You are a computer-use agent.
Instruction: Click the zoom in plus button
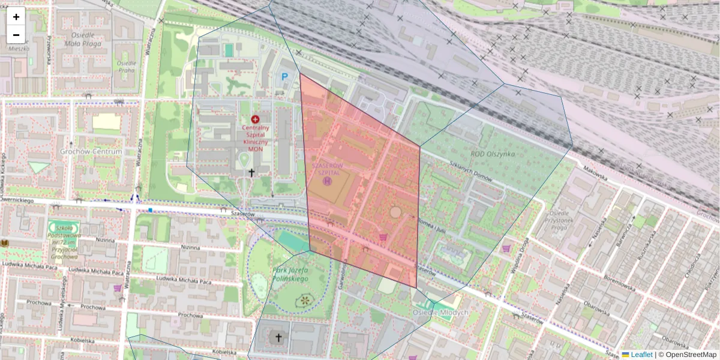pos(16,17)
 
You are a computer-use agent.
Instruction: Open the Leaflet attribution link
pos(641,355)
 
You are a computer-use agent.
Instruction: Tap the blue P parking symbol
pos(285,76)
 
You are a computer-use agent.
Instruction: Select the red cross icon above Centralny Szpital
pos(256,119)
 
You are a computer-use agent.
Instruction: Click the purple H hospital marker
pos(327,180)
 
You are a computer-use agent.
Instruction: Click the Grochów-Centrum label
pos(91,152)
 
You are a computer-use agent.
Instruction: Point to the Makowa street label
pos(594,174)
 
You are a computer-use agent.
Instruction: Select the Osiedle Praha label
pos(127,66)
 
